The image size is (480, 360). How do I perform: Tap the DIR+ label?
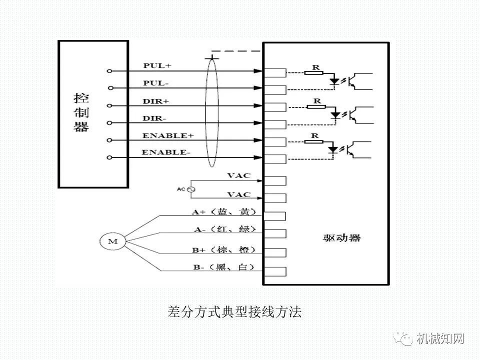click(x=156, y=100)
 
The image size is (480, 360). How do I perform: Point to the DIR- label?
click(x=155, y=117)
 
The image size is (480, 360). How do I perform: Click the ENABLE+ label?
click(x=167, y=135)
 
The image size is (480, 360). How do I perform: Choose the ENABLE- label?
click(x=166, y=152)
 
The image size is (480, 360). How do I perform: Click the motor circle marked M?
click(x=112, y=242)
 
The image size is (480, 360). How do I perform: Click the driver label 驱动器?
click(x=341, y=238)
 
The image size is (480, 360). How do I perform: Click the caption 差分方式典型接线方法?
click(x=234, y=312)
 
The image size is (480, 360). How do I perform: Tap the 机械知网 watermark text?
click(x=440, y=339)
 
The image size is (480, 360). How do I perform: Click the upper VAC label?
click(x=238, y=175)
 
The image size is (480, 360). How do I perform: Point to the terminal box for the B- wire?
click(x=274, y=271)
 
